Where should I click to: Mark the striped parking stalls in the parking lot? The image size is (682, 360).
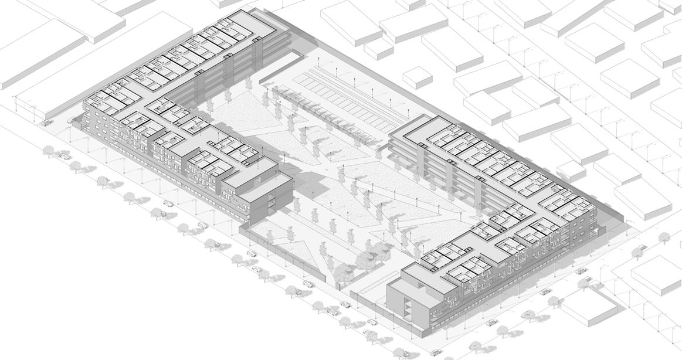coord(346,94)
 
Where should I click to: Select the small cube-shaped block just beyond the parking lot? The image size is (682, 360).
coord(417,77)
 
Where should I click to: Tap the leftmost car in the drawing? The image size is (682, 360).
coord(46,123)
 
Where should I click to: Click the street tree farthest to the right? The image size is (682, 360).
coord(664,237)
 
